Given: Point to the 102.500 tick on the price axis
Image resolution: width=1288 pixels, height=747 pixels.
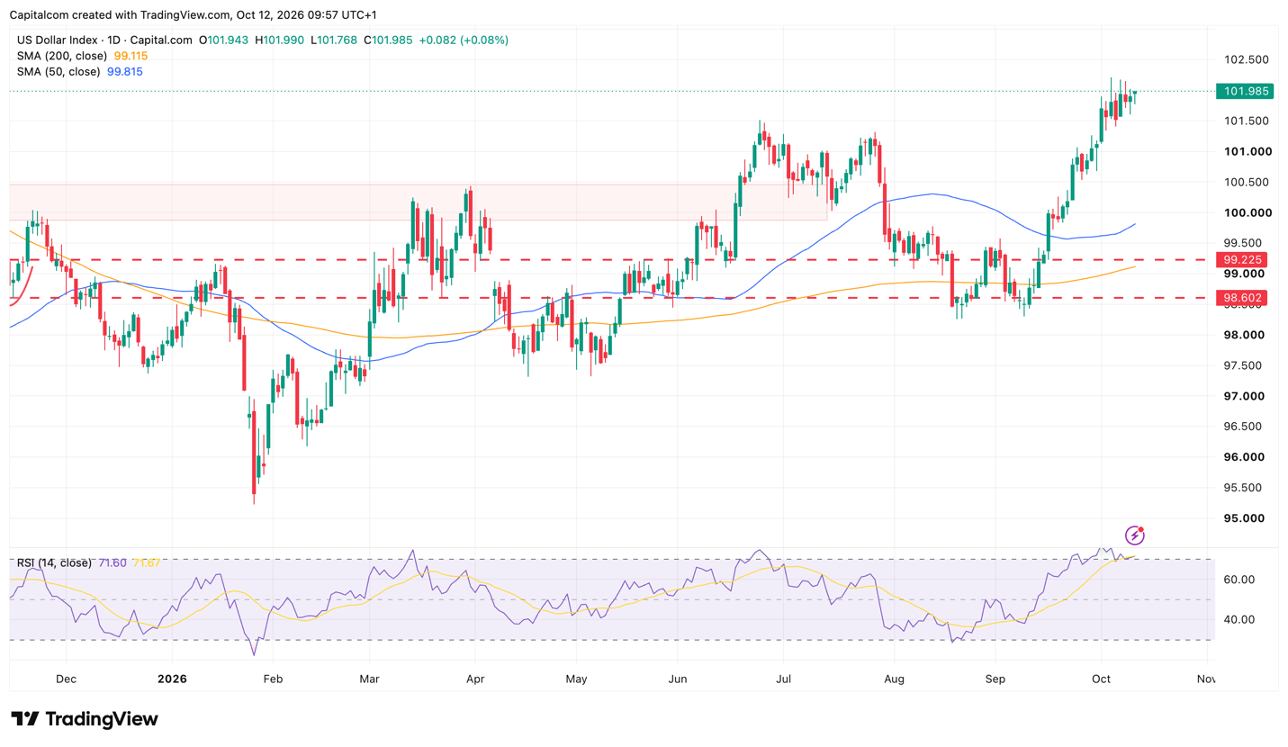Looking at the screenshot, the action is tap(1246, 59).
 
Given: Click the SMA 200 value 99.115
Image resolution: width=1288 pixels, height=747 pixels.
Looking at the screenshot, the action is tap(131, 56).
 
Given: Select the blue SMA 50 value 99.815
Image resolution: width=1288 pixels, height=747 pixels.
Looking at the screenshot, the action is tap(125, 72).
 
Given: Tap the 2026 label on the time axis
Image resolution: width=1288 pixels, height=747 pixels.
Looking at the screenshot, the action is tap(172, 679).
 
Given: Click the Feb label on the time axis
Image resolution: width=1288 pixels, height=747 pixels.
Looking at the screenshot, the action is tap(273, 679).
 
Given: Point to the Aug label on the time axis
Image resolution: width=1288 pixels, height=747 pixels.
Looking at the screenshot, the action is tap(894, 679).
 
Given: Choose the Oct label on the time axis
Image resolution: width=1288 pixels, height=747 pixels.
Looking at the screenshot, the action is tap(1101, 679).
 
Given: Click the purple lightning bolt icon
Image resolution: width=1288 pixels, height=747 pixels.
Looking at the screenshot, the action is tap(1134, 535).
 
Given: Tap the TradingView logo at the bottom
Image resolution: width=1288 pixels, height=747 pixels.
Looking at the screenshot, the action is tap(85, 719).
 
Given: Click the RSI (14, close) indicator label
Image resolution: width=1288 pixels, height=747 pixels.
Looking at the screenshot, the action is tap(54, 563).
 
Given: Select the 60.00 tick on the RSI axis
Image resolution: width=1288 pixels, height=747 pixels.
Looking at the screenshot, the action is tap(1239, 580).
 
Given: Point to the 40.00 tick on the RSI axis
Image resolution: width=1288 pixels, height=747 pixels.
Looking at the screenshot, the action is tap(1239, 619).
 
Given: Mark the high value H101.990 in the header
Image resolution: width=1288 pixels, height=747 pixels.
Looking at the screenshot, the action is tap(279, 40).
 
